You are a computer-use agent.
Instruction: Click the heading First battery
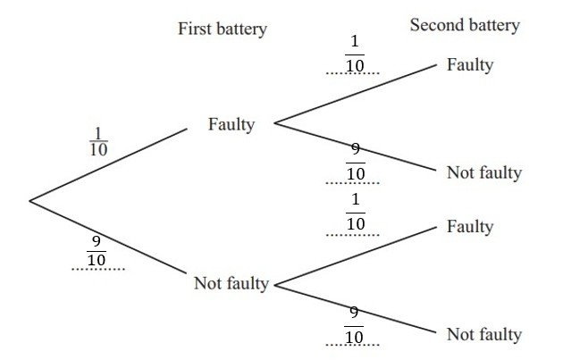click(223, 29)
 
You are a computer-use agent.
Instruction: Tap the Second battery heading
click(465, 25)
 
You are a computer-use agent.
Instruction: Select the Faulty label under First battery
click(231, 124)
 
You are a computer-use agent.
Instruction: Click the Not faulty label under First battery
click(231, 284)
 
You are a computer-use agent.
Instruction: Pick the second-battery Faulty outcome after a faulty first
click(470, 65)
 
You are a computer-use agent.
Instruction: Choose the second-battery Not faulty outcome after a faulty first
click(483, 172)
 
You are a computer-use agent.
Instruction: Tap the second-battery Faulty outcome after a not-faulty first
click(470, 227)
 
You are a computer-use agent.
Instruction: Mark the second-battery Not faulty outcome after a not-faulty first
click(483, 335)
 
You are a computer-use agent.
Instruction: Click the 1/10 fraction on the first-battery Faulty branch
click(98, 141)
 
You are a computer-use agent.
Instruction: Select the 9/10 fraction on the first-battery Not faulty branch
click(98, 251)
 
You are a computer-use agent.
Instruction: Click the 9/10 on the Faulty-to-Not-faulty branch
click(355, 162)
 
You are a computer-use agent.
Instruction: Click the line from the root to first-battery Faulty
click(107, 165)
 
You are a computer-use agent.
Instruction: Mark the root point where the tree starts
click(29, 200)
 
